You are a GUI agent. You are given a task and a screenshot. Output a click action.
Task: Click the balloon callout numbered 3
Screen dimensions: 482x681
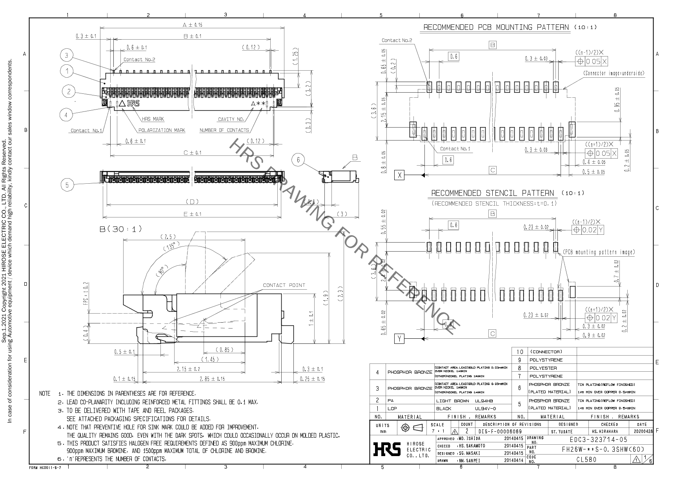click(66, 56)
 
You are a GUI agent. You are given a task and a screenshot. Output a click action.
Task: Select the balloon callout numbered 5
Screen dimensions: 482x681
click(67, 185)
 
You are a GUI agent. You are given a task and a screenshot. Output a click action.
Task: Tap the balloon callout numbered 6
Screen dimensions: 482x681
click(298, 160)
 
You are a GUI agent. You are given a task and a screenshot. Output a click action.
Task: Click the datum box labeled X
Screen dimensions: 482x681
click(399, 175)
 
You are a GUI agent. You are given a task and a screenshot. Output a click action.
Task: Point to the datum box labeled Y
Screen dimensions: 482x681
click(399, 338)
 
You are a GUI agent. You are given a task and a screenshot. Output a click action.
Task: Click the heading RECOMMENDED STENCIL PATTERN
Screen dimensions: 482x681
click(492, 193)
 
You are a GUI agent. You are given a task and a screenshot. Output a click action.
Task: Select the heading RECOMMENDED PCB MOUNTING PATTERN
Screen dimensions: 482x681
click(496, 27)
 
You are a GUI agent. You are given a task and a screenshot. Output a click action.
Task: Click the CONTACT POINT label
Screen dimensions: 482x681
click(284, 285)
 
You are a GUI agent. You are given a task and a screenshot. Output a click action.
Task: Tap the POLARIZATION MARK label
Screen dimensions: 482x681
click(162, 130)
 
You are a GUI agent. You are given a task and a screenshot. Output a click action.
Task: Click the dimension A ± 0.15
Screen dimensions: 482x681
click(192, 25)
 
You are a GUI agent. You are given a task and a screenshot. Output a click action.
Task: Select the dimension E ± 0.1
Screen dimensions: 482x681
click(192, 214)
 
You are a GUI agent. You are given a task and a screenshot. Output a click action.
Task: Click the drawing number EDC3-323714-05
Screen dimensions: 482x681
click(598, 440)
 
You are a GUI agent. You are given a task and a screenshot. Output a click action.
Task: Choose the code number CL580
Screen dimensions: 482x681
click(586, 460)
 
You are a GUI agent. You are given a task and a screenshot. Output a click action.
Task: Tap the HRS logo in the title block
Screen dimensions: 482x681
click(387, 449)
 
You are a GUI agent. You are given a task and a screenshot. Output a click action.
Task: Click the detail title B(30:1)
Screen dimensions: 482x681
click(121, 229)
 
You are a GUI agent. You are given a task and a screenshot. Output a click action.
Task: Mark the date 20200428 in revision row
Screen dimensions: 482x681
click(643, 431)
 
